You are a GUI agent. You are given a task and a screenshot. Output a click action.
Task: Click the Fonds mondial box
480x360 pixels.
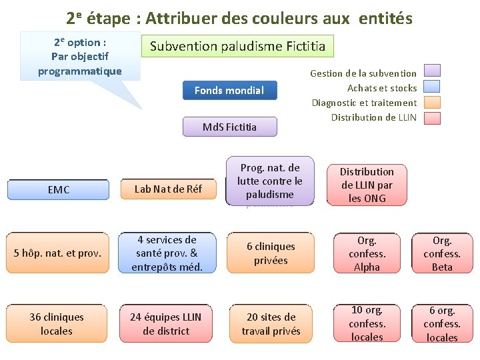tap(230, 91)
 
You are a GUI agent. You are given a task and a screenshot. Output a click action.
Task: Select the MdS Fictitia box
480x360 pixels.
tap(230, 127)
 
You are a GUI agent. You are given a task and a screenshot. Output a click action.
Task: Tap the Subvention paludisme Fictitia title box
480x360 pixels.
tap(238, 47)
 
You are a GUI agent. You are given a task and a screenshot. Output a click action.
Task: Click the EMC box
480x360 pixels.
tap(59, 190)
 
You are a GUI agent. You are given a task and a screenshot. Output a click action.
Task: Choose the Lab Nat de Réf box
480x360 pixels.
tap(168, 190)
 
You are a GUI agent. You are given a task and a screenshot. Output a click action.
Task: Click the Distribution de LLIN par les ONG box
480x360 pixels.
tap(367, 185)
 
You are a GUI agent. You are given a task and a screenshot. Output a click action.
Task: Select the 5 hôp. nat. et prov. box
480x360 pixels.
tap(58, 253)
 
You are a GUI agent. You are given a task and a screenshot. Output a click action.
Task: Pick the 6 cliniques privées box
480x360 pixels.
tap(271, 253)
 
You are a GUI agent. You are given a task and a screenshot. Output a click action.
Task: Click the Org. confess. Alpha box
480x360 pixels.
tap(367, 253)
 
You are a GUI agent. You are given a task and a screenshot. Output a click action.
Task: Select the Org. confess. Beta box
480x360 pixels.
tap(442, 253)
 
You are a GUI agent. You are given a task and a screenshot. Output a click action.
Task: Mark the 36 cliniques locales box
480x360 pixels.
tap(57, 324)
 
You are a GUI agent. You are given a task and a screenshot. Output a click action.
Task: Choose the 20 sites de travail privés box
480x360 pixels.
tap(271, 324)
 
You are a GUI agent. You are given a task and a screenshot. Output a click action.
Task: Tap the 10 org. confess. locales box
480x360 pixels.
tap(367, 324)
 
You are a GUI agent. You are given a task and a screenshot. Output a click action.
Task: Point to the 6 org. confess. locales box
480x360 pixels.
tap(442, 324)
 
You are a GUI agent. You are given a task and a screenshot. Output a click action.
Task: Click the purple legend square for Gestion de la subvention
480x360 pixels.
tap(432, 71)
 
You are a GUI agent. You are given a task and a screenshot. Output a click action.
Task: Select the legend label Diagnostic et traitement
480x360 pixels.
tap(364, 103)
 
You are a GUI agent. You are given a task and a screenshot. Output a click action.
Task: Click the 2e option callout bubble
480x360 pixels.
tap(80, 57)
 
